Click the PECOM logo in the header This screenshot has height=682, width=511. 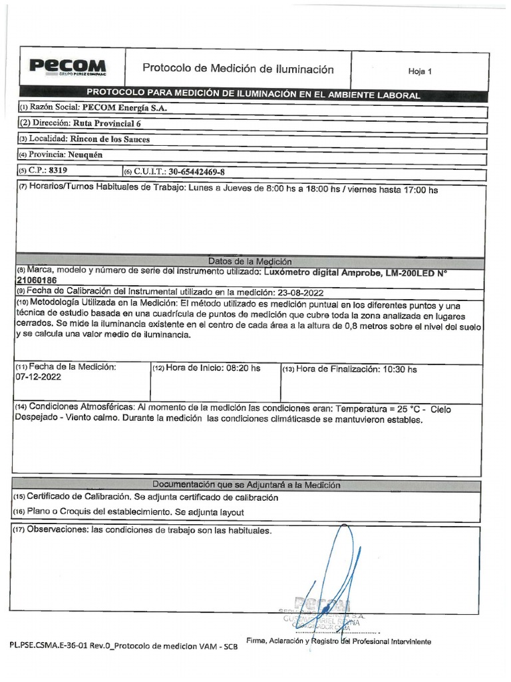[67, 67]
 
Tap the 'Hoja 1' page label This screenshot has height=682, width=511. [420, 71]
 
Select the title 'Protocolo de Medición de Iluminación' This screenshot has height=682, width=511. [238, 69]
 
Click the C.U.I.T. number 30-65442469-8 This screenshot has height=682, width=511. [196, 172]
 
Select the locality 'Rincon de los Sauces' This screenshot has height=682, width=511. [110, 139]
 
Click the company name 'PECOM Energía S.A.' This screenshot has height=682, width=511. [126, 107]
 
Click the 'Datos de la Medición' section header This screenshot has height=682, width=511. [250, 262]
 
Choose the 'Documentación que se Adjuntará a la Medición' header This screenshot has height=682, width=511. [246, 485]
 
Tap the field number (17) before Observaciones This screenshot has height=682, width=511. [19, 531]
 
